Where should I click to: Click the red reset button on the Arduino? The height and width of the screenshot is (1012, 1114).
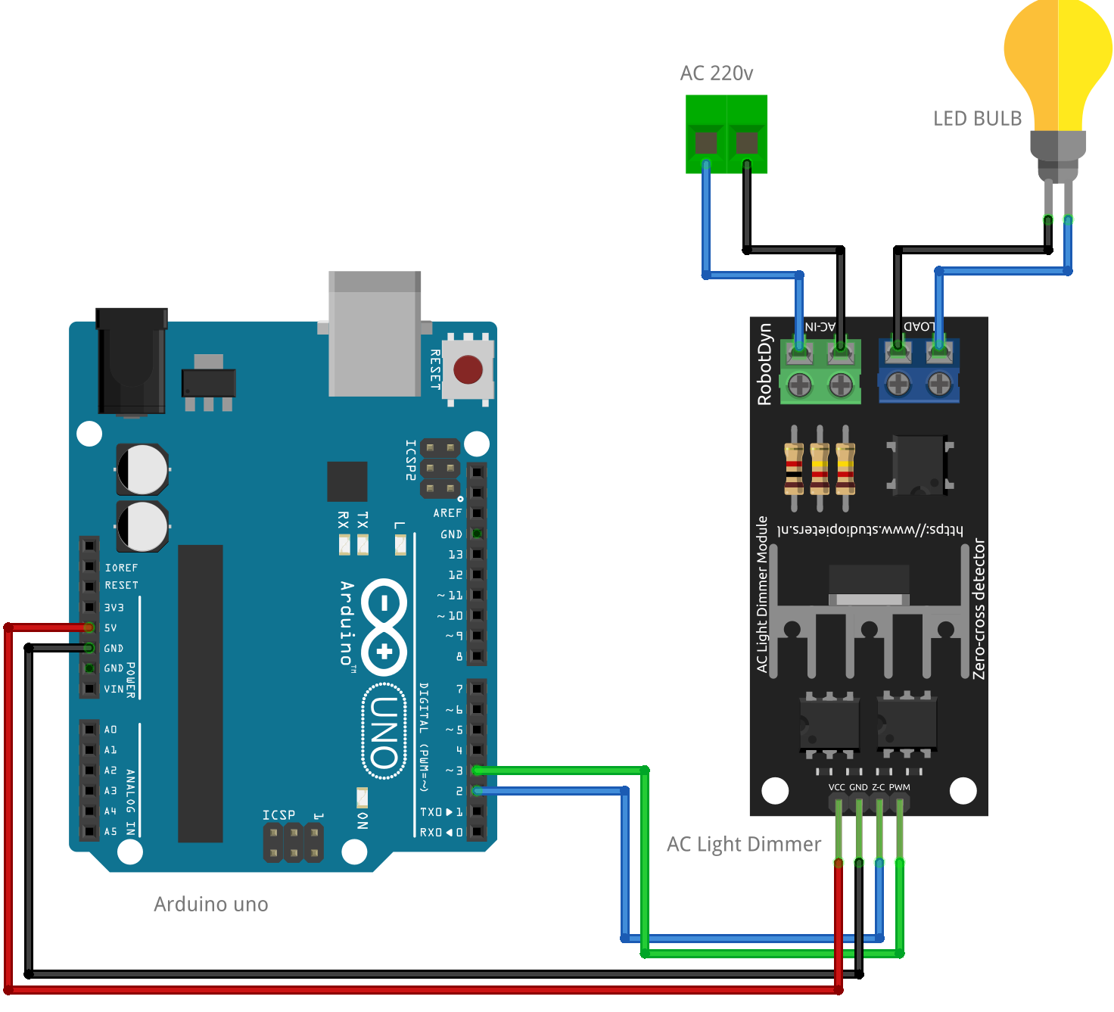tap(468, 370)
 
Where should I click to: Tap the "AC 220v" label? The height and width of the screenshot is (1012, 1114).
tap(716, 73)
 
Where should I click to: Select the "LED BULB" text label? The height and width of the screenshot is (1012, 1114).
tap(977, 119)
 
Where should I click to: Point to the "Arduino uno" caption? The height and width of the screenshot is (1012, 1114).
tap(210, 905)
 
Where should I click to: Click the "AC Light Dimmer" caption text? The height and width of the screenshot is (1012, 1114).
tap(743, 845)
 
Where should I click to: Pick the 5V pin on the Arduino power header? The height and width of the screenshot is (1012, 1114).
tap(89, 627)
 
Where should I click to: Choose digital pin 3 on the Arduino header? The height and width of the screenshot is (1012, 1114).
tap(477, 771)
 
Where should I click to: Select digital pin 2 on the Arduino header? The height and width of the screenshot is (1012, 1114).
tap(477, 791)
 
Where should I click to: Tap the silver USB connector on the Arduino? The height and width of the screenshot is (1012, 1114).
tap(375, 333)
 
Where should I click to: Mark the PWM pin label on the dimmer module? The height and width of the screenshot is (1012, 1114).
tap(900, 787)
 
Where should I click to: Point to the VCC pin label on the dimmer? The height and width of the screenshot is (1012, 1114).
tap(836, 787)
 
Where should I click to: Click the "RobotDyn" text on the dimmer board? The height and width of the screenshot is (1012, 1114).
tap(765, 364)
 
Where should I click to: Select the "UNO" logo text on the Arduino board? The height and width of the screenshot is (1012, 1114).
tap(384, 732)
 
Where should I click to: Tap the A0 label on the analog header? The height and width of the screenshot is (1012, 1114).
tap(110, 730)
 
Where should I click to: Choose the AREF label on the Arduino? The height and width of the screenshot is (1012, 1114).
tap(447, 513)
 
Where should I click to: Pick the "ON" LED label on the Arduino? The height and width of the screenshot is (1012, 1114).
tap(363, 820)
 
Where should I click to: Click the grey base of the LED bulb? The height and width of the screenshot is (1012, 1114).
tap(1058, 148)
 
